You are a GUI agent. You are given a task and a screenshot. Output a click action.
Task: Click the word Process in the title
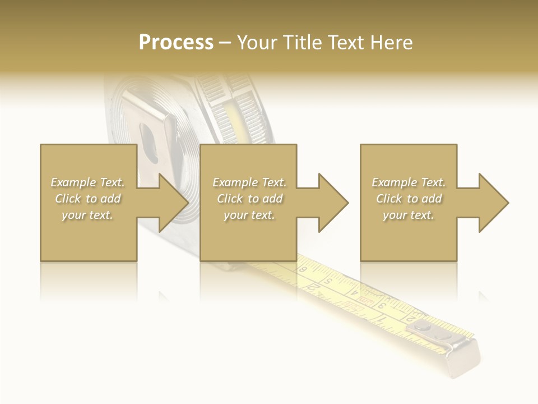(176, 42)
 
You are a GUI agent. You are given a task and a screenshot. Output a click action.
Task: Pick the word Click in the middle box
(229, 199)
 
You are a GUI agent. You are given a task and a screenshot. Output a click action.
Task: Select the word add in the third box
(432, 199)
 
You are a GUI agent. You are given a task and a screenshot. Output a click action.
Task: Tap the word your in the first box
(73, 215)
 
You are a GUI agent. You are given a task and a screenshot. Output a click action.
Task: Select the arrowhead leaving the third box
(493, 203)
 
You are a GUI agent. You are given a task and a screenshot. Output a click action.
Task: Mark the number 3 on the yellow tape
(381, 306)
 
